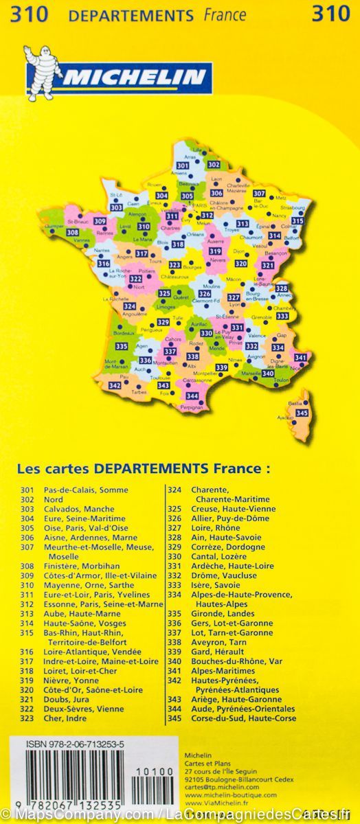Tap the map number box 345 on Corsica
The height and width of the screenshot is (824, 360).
pos(301,412)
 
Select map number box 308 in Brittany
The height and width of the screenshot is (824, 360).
pos(72,233)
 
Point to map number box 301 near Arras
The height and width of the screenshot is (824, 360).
pos(182,166)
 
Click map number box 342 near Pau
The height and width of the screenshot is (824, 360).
pos(115,386)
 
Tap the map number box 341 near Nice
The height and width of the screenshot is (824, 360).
pos(300,357)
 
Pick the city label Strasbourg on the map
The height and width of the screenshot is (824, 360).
pos(293,207)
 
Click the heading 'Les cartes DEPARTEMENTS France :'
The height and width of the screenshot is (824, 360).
pos(143,469)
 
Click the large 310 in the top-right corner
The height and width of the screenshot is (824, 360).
pos(330,14)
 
